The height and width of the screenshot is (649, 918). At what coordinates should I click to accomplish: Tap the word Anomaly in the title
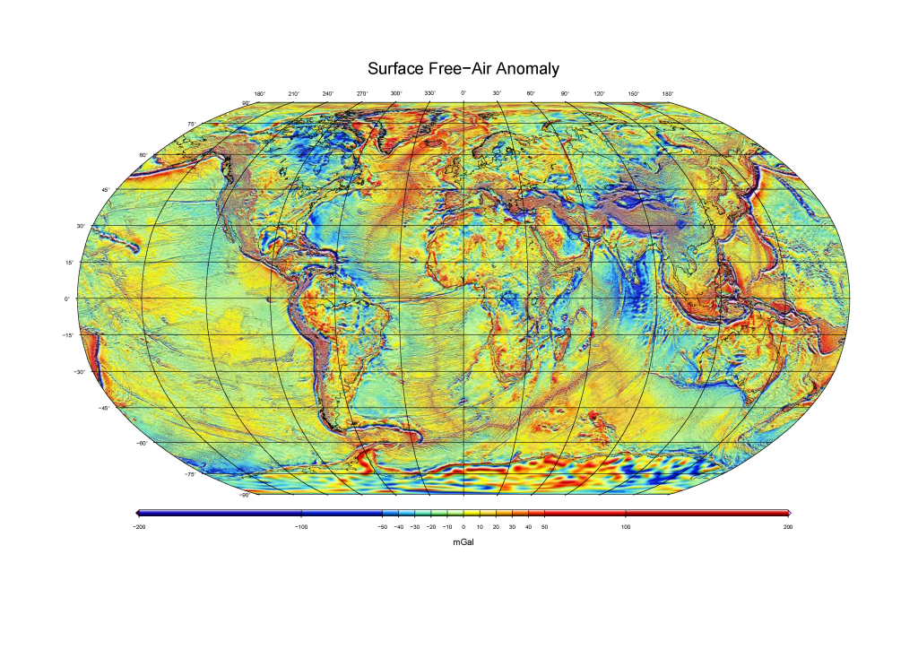tap(525, 69)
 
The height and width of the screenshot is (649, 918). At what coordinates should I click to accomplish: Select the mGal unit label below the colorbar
tap(463, 542)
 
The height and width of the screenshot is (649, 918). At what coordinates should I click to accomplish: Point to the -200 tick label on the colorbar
tap(138, 527)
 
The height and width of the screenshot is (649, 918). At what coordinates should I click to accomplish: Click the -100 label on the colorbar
tap(301, 527)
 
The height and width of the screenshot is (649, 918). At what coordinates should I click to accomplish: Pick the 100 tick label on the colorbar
tap(626, 527)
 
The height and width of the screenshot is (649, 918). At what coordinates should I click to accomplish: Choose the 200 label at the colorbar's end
tap(787, 527)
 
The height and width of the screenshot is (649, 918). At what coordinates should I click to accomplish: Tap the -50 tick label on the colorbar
tap(382, 527)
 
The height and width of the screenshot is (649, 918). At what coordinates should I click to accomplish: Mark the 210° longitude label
tap(293, 94)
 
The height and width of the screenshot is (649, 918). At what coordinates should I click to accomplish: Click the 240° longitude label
tap(327, 94)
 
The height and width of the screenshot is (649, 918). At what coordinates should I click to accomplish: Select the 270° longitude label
tap(361, 94)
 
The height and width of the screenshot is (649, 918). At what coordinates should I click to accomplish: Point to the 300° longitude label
tap(395, 94)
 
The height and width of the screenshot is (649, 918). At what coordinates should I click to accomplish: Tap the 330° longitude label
tap(429, 94)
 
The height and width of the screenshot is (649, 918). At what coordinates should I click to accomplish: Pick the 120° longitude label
tap(599, 94)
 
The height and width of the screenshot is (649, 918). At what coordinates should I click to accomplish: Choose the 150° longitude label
tap(633, 94)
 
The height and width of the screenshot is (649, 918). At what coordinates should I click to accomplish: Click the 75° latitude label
tap(191, 124)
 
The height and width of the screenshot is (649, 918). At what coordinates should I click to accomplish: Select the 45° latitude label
tap(105, 190)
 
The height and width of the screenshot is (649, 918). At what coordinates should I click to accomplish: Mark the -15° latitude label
tap(67, 335)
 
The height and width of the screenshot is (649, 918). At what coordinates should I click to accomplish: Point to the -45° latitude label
tap(103, 408)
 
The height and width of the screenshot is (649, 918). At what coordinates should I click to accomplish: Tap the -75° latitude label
tap(189, 474)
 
